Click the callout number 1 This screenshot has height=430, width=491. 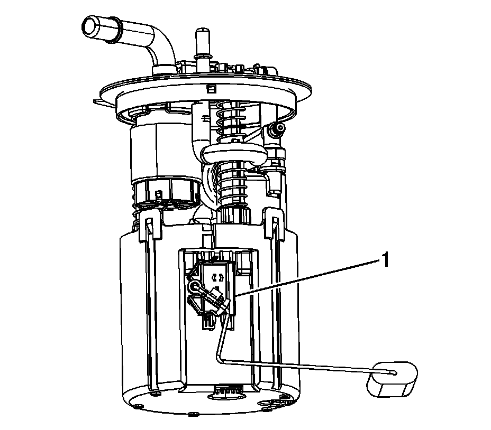(x=385, y=260)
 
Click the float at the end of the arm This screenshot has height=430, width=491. (x=393, y=380)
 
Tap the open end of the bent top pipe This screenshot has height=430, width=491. (x=91, y=26)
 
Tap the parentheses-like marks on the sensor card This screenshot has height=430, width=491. (x=217, y=277)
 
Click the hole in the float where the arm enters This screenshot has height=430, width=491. (x=394, y=373)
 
